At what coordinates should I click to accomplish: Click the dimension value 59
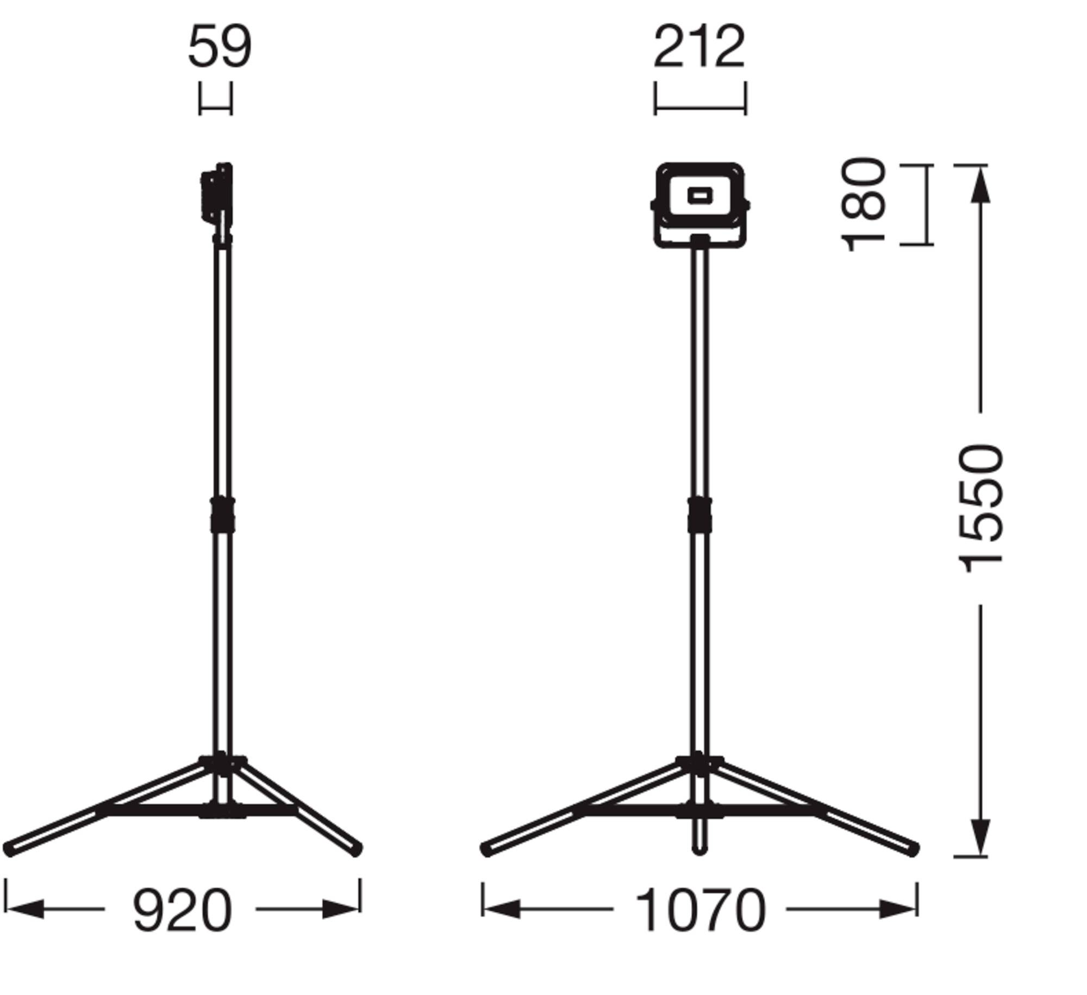point(220,47)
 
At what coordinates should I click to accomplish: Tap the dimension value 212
point(699,47)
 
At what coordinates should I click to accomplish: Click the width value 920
point(182,910)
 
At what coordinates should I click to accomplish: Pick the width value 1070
point(700,910)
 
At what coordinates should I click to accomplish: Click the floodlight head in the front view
point(699,204)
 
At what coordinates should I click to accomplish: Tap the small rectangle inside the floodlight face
point(699,195)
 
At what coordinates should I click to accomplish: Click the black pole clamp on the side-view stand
point(223,515)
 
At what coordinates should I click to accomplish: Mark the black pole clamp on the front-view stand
point(699,515)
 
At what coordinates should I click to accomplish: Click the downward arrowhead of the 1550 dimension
point(980,837)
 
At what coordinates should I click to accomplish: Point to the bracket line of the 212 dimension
point(700,108)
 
